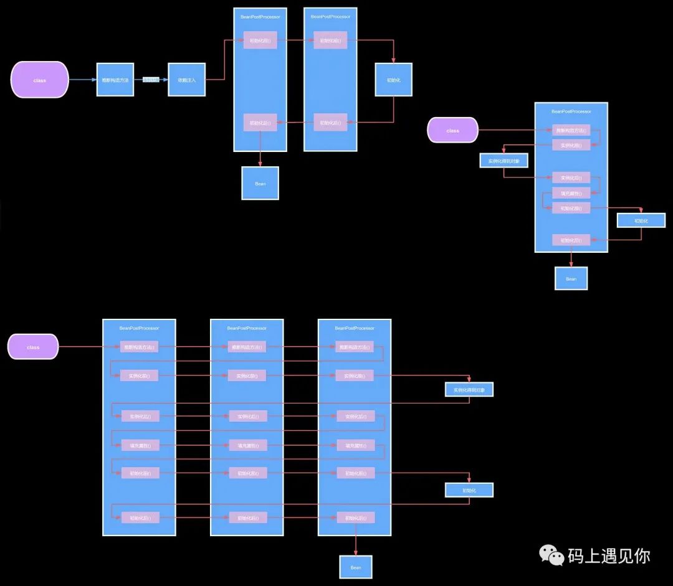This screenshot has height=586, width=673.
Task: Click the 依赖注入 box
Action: click(x=186, y=80)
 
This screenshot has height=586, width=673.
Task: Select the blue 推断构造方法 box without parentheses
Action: click(x=115, y=80)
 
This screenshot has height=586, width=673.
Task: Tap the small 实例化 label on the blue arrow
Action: click(x=151, y=80)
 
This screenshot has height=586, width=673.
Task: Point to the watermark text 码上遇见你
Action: click(x=609, y=555)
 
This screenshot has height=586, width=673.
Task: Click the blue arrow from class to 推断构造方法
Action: click(x=82, y=80)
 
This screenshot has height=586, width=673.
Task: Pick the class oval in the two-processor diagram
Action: click(x=39, y=80)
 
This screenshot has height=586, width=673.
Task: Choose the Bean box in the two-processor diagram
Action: click(x=260, y=183)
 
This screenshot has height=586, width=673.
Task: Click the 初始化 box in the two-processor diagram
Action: click(x=393, y=80)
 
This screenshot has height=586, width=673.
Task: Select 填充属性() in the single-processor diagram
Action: click(x=571, y=193)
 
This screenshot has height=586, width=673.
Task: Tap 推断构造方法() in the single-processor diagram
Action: click(x=571, y=130)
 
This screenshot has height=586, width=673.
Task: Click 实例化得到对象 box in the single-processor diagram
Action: click(x=504, y=161)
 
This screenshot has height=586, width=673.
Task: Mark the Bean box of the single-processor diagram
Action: click(x=571, y=278)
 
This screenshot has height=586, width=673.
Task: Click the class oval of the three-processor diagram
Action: click(x=33, y=347)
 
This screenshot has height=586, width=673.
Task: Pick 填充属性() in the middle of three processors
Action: click(x=248, y=445)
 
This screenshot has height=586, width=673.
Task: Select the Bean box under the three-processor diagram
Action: click(x=356, y=567)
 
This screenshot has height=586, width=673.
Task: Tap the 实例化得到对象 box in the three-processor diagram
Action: click(x=469, y=390)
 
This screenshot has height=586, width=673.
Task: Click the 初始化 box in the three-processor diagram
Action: click(x=469, y=490)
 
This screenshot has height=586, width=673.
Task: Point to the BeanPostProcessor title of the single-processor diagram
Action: click(x=571, y=111)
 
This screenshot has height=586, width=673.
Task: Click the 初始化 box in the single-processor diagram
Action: click(x=641, y=220)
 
